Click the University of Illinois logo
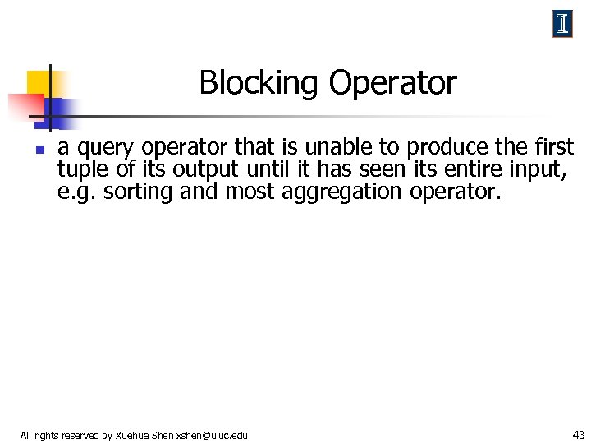click(561, 25)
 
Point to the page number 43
click(578, 434)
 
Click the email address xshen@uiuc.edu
click(212, 435)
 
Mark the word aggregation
click(333, 192)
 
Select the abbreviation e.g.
click(74, 192)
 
